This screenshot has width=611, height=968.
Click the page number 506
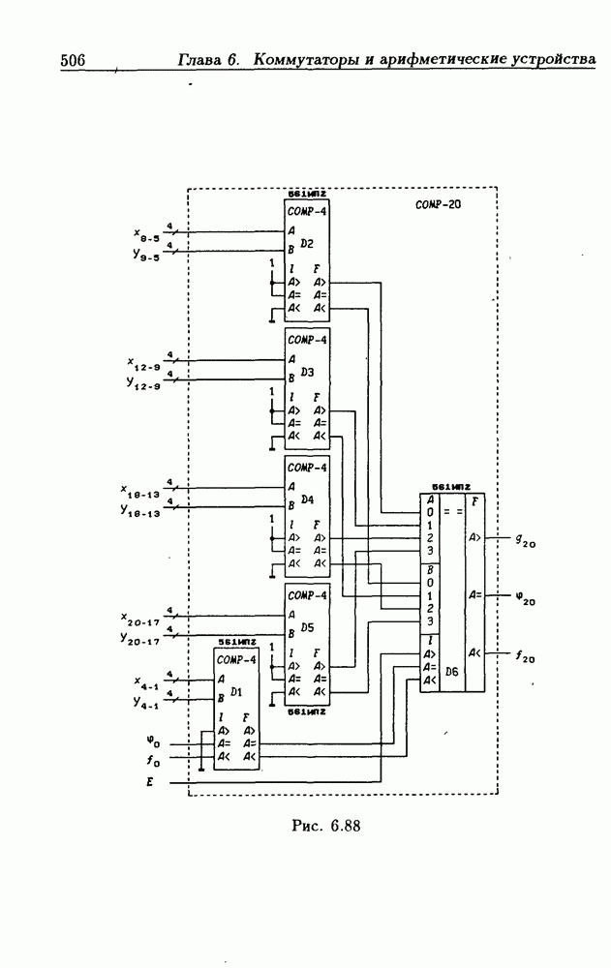pos(74,60)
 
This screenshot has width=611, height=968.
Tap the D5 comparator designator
pos(307,627)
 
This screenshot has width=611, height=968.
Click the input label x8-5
pos(146,234)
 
